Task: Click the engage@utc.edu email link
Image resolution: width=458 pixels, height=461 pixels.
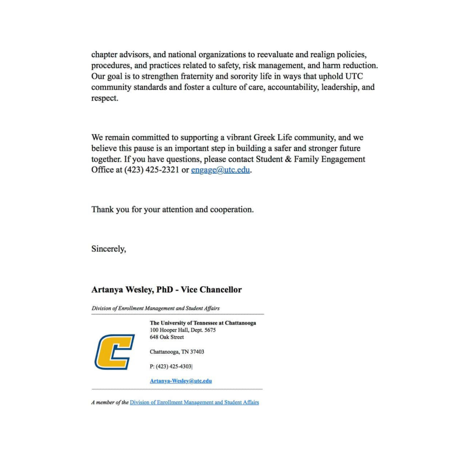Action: coord(220,170)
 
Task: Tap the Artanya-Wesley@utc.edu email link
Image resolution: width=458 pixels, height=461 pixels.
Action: coord(180,381)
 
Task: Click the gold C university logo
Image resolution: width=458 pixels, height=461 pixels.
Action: coord(114,352)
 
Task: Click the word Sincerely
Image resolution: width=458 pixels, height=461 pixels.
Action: coord(109,249)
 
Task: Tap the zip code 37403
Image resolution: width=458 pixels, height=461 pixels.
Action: coord(197,352)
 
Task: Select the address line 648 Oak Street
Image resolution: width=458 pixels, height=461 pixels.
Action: coord(167,337)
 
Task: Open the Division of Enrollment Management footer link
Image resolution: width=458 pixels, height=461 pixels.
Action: coord(194,402)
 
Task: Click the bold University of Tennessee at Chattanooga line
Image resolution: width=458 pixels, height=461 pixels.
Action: coord(203,323)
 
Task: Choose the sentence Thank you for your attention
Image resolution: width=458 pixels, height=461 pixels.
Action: coord(172,210)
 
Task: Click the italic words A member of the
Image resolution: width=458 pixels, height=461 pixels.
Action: coord(109,402)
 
